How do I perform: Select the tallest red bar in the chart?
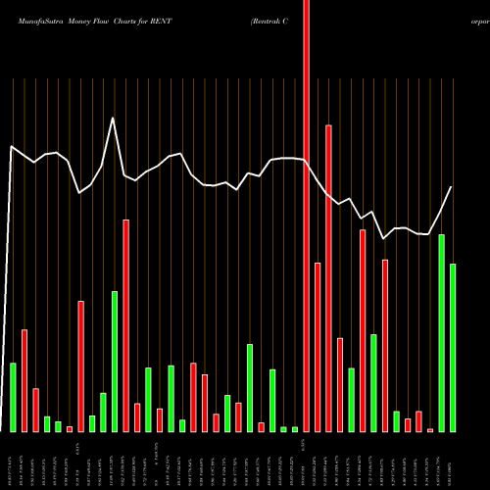coord(306,216)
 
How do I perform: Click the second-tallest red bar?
coord(328,278)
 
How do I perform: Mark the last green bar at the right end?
coord(453,348)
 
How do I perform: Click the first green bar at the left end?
coord(13,397)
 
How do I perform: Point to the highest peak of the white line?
coord(114,119)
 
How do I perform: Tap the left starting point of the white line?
coord(12,147)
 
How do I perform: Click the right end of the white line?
coord(452,186)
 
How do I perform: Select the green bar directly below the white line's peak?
coord(114,362)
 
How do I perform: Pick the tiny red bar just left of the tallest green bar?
coord(430,429)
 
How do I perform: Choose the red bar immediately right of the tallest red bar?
coord(318,347)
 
